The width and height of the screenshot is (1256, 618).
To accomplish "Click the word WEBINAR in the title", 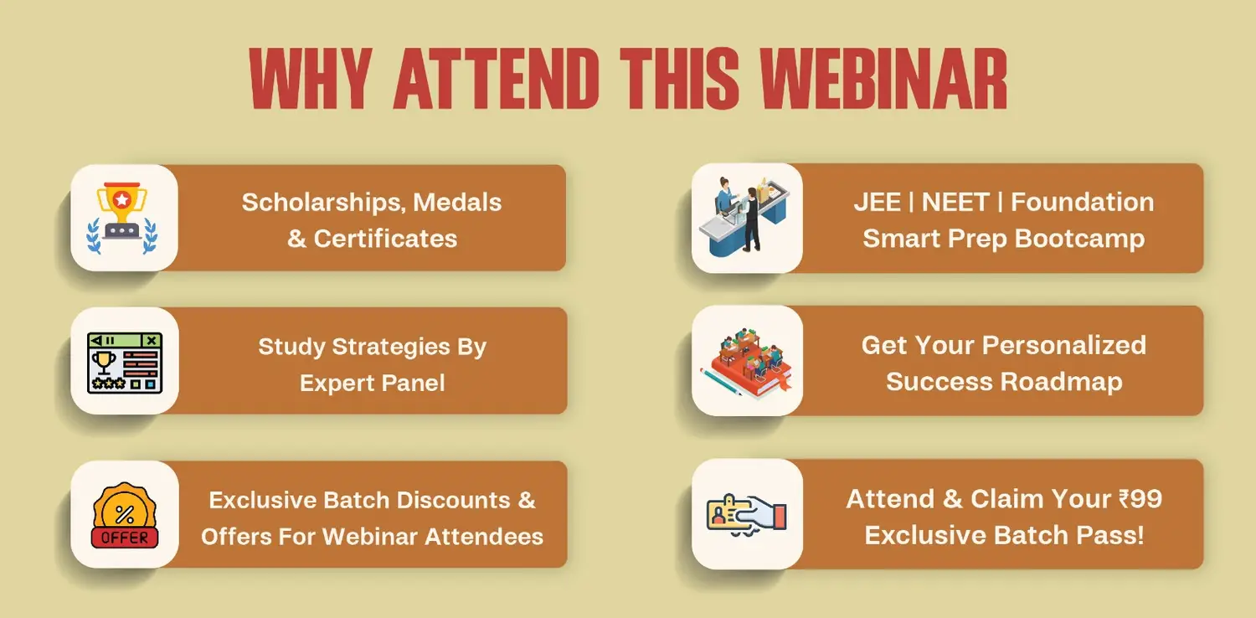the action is click(883, 78).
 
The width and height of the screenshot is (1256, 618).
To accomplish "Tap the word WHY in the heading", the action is click(311, 78).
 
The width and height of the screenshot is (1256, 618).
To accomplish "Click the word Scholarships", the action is click(324, 203).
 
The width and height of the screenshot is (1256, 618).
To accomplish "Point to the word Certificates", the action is click(385, 239).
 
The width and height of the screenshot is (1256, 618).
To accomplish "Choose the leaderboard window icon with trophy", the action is click(125, 363).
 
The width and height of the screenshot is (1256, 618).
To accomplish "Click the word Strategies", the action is click(391, 348).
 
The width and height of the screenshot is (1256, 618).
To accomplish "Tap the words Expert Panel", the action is click(373, 383).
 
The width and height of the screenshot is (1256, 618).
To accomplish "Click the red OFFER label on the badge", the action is click(125, 538).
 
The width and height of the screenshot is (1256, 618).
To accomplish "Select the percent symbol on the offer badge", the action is click(125, 513).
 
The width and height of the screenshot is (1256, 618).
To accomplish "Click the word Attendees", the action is click(484, 537).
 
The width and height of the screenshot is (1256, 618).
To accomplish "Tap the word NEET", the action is click(955, 202).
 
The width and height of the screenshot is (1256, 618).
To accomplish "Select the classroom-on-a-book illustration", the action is click(747, 361).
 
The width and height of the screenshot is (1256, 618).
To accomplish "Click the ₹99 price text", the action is click(1140, 498).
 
